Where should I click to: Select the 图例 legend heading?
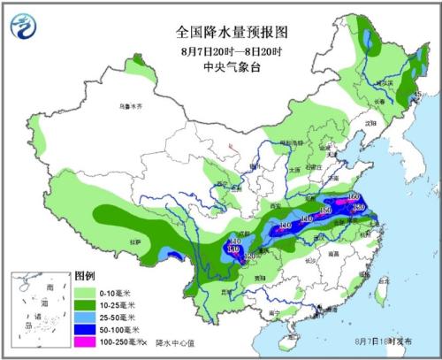(x=84, y=276)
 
